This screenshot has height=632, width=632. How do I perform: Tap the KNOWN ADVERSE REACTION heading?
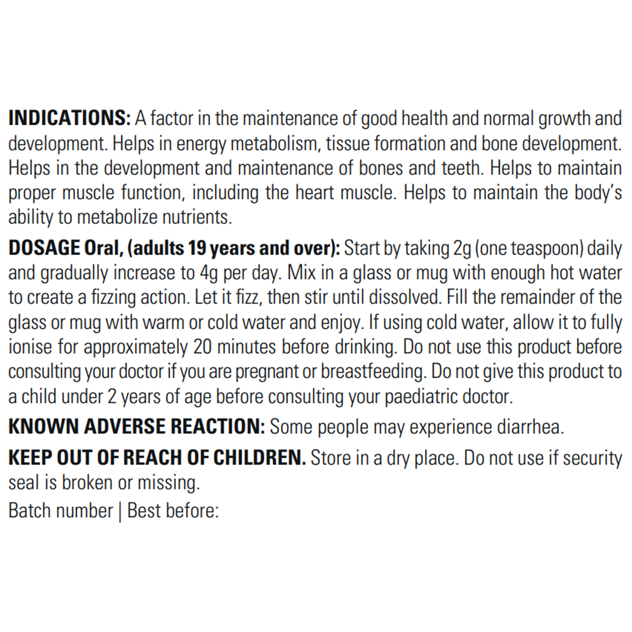pos(136,427)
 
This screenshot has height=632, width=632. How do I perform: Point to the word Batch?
pos(29,510)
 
